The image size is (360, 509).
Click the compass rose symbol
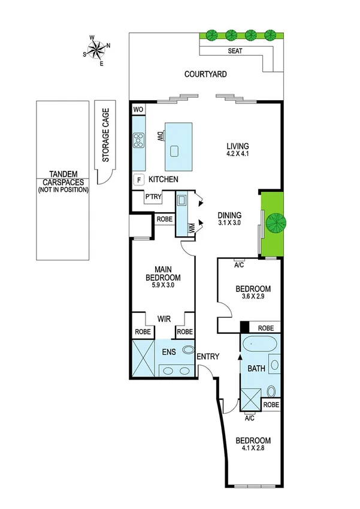pos(97,50)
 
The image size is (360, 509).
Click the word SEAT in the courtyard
pos(235,52)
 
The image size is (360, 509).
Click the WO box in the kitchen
pos(138,110)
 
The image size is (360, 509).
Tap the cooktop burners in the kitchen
pos(138,141)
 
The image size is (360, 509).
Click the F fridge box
pos(138,179)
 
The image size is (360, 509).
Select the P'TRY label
pos(153,196)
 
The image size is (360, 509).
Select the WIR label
pos(165,319)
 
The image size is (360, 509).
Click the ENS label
pos(168,352)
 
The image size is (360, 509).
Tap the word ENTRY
pos(207,357)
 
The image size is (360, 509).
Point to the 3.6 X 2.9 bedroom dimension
pos(252,297)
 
